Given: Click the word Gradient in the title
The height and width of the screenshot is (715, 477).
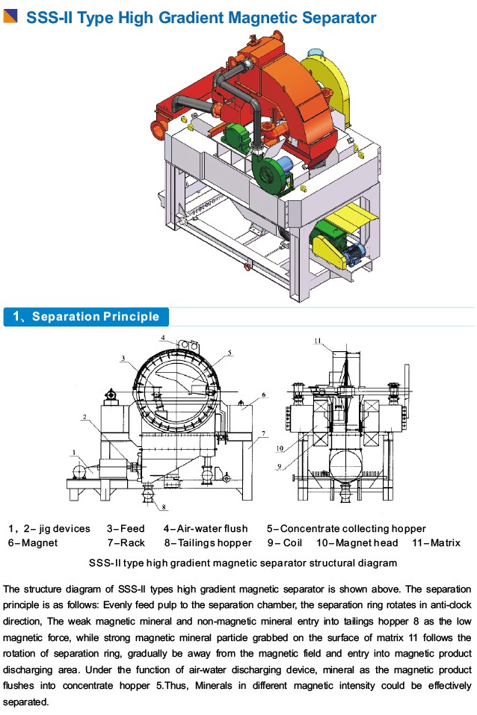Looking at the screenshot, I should coord(197,17).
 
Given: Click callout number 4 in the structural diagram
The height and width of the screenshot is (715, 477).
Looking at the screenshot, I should coord(163,338).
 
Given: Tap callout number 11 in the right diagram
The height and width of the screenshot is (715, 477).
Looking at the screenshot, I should coord(318,341).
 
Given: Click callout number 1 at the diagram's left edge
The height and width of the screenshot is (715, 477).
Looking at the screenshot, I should coord(74,451).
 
